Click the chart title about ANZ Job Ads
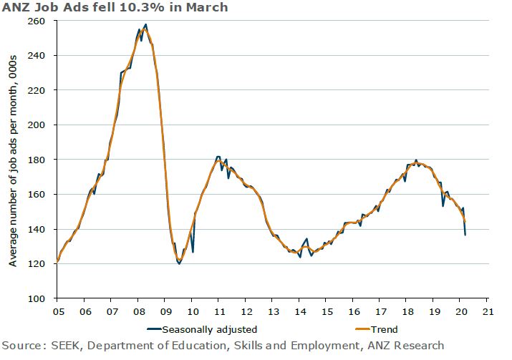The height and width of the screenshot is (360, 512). [115, 8]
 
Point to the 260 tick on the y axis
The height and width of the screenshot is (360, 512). [37, 21]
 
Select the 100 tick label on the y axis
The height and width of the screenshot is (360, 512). [37, 298]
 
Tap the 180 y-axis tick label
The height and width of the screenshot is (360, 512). [37, 160]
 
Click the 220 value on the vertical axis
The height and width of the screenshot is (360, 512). [37, 90]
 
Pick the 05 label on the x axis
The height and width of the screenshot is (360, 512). [57, 311]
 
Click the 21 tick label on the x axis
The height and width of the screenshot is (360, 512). [487, 311]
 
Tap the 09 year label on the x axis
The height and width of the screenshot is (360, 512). [165, 311]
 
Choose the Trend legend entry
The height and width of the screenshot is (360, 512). [383, 329]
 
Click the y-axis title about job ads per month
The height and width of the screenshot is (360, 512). [14, 159]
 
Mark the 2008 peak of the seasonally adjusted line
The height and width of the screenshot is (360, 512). [146, 24]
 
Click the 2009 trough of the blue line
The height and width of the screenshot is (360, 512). [179, 263]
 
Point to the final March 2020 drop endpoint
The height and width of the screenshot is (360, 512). [465, 235]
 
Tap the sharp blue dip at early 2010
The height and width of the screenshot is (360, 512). [193, 252]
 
